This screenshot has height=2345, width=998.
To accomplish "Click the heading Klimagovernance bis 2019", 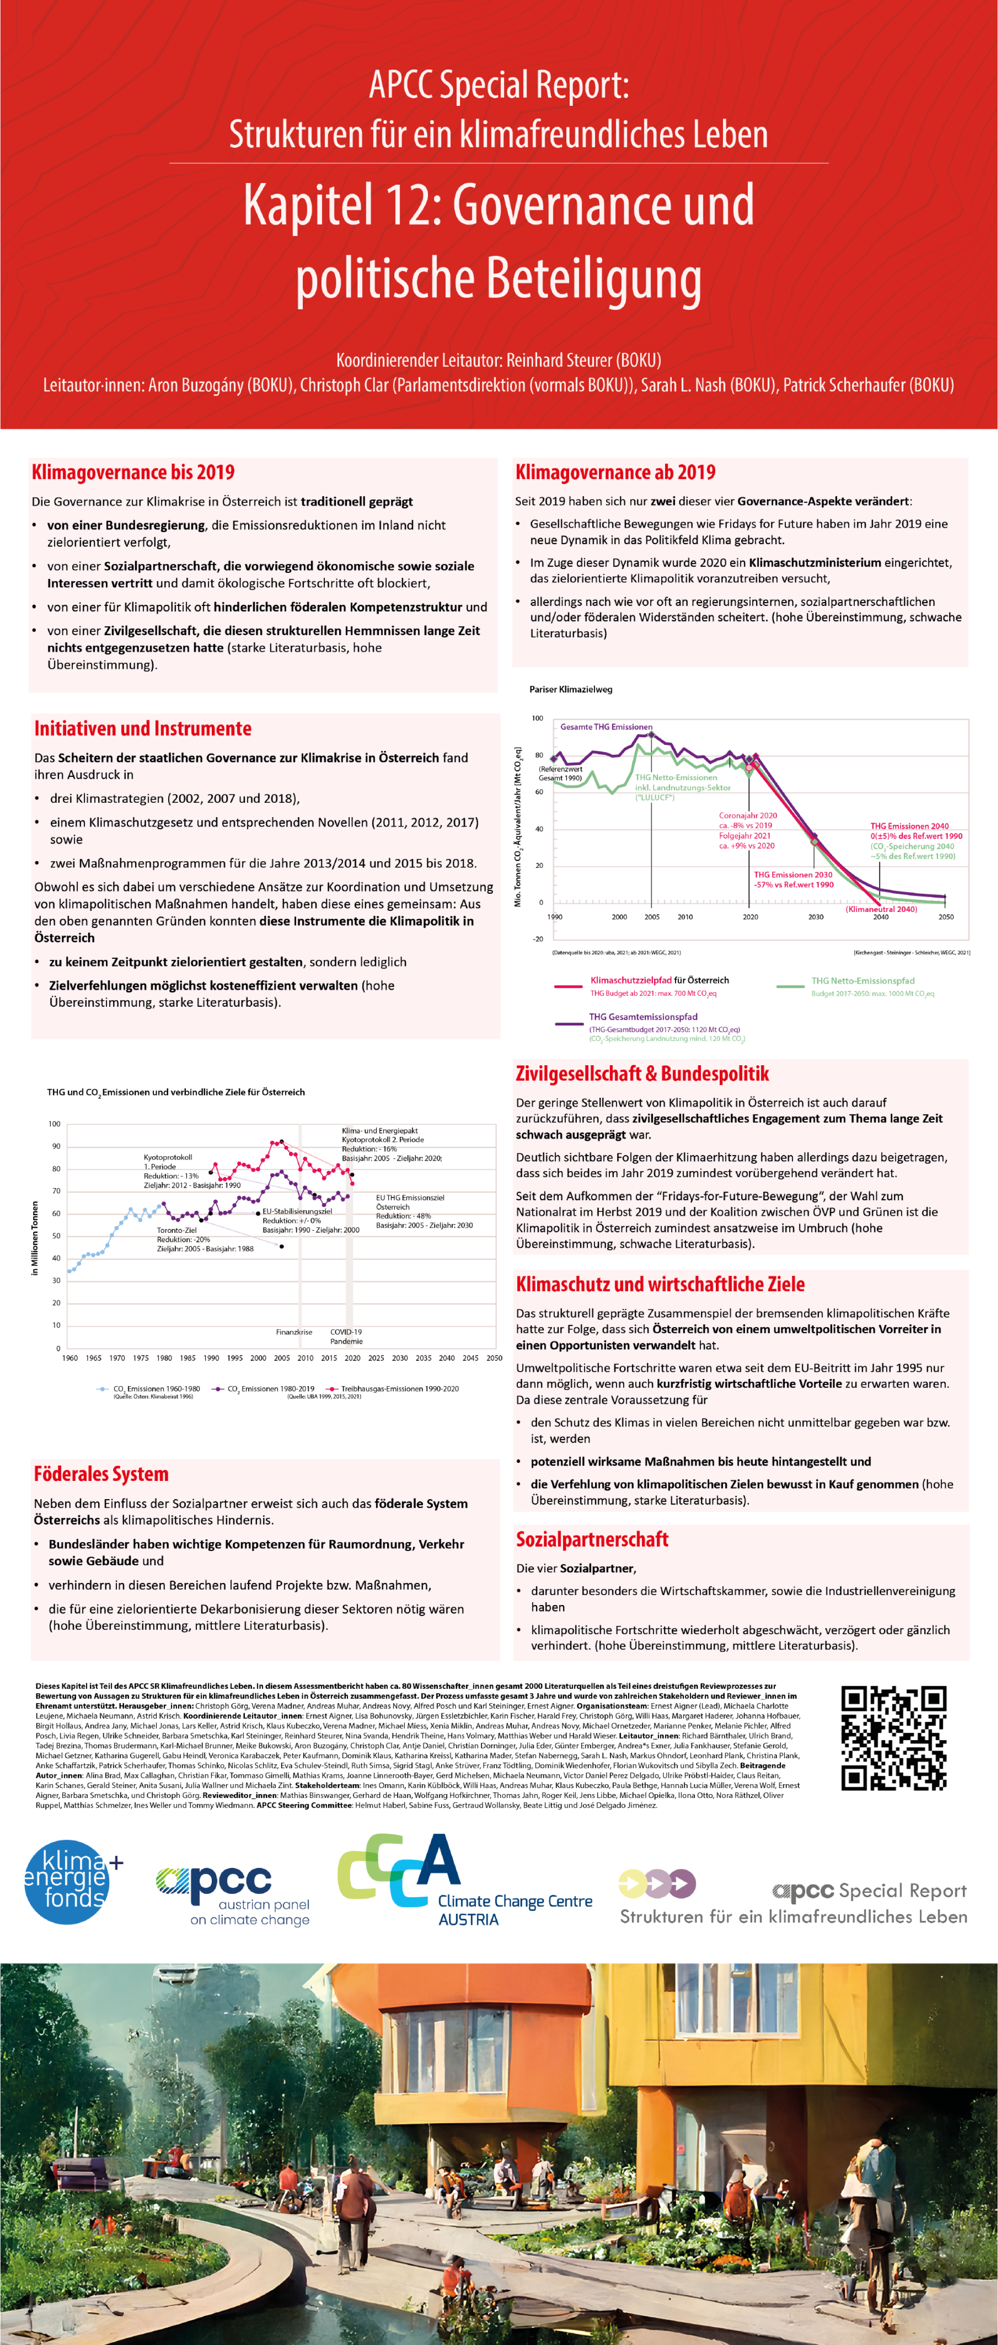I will click(133, 472).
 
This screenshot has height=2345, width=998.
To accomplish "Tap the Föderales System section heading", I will click(101, 1474).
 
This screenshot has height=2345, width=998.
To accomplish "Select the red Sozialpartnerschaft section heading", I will click(592, 1538).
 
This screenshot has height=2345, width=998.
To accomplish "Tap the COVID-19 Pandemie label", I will click(346, 1336).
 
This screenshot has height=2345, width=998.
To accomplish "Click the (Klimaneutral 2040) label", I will click(881, 909).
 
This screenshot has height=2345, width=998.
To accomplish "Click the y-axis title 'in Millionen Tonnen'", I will click(35, 1238).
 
